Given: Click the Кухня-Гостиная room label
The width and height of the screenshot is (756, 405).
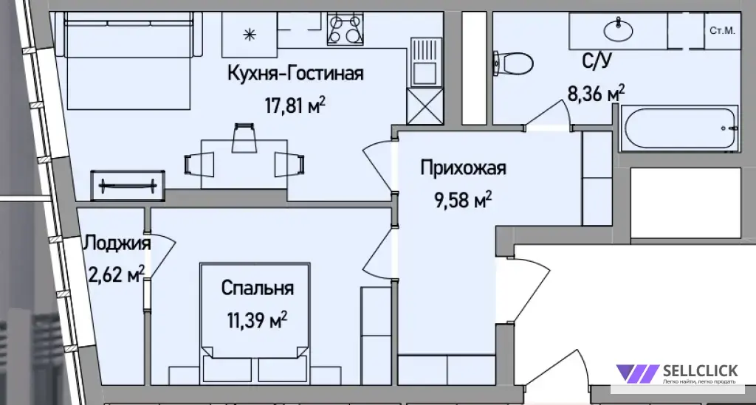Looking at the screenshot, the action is (295, 74).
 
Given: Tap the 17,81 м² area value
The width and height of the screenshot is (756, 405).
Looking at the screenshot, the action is (295, 105).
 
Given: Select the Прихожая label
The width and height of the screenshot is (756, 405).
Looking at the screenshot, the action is (464, 168).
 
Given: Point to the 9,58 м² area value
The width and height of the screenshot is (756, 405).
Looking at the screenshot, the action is (463, 199).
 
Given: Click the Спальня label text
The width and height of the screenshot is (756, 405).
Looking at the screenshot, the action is (258, 288).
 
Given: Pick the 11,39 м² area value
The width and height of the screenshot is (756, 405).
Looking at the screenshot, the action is (258, 319).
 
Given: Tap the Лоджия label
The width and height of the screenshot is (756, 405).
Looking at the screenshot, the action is (117, 243).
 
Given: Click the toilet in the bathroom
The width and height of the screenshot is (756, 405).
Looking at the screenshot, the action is (513, 63).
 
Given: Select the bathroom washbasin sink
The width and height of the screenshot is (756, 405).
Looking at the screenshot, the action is (618, 30).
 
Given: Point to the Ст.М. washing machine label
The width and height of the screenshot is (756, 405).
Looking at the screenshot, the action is (722, 31).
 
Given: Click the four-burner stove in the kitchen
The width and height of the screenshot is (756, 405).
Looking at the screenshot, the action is (346, 29).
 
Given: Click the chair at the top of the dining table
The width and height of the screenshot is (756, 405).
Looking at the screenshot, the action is (244, 138).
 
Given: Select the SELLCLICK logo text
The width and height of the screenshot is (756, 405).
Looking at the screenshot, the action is (700, 370).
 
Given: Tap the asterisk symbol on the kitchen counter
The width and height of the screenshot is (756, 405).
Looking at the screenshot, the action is (250, 35).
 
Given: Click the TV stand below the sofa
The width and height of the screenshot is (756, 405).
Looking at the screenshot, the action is (128, 185).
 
